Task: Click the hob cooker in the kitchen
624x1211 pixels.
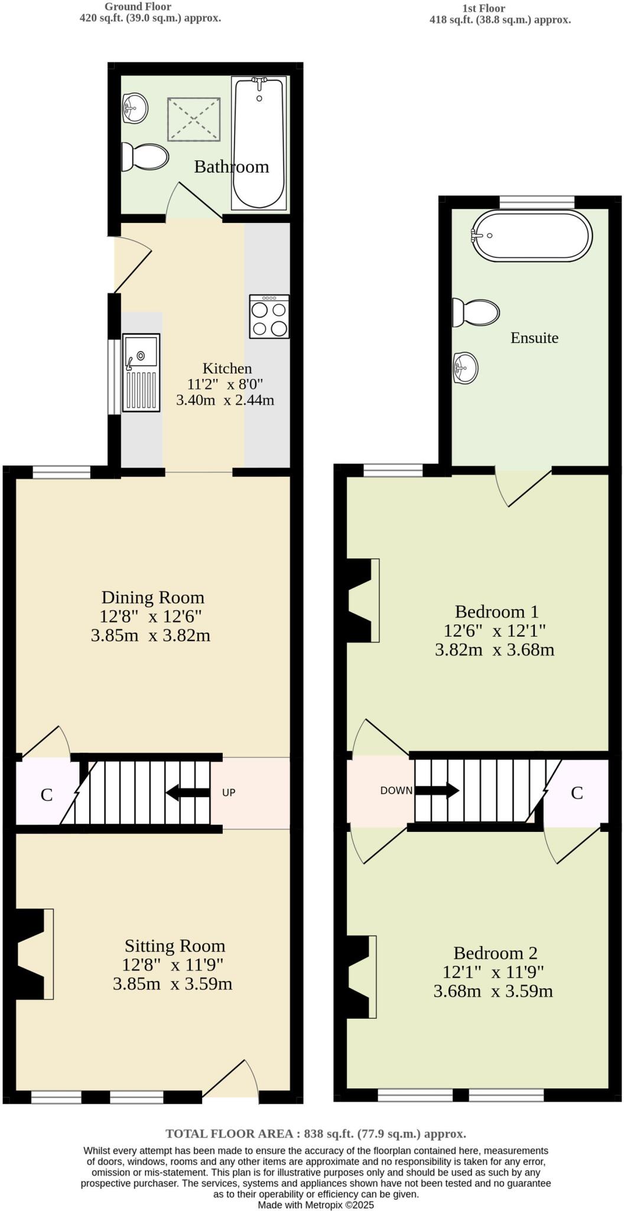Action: click(269, 316)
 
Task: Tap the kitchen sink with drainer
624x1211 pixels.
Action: click(141, 373)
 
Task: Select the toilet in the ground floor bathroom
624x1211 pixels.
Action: click(145, 157)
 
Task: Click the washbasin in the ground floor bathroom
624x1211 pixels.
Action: click(135, 108)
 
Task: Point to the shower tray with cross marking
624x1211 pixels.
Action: click(194, 119)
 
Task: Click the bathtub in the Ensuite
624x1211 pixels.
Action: click(531, 235)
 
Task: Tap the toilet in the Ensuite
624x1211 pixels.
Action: click(476, 312)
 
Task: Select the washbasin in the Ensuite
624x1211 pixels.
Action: click(466, 368)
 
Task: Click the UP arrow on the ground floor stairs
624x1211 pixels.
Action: click(188, 792)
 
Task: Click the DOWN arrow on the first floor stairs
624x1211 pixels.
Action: click(437, 790)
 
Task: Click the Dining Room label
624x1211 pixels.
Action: click(152, 597)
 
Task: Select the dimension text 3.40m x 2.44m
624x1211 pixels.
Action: click(225, 400)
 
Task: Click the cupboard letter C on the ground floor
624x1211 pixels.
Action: click(47, 795)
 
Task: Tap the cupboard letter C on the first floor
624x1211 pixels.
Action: click(577, 793)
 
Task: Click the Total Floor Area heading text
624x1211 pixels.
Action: click(316, 1134)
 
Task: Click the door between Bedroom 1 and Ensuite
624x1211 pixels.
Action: click(524, 488)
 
